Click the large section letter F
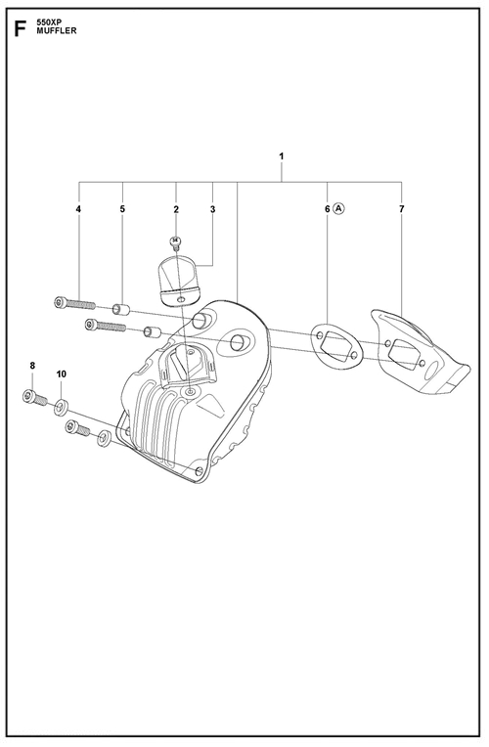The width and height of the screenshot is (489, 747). (x=20, y=28)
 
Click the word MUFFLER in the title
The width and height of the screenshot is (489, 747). (x=57, y=31)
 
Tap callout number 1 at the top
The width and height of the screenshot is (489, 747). (x=282, y=155)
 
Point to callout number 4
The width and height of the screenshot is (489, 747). (x=78, y=208)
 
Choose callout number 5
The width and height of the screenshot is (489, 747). (x=122, y=208)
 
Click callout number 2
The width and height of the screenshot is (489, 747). (x=176, y=208)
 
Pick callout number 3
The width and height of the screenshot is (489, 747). (x=212, y=208)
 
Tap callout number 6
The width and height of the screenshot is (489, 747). (x=328, y=208)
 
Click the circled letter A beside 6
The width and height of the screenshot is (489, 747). (x=338, y=208)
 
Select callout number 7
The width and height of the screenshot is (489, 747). (x=401, y=208)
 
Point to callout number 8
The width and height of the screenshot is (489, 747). (x=32, y=366)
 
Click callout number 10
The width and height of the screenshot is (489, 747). (x=62, y=373)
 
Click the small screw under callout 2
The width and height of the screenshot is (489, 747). (x=175, y=242)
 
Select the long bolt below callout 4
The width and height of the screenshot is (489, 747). (x=74, y=303)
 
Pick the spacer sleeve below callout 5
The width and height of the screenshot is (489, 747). (x=121, y=309)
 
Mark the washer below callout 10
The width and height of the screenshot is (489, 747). (x=61, y=408)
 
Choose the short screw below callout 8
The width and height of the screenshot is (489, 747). (x=34, y=397)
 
